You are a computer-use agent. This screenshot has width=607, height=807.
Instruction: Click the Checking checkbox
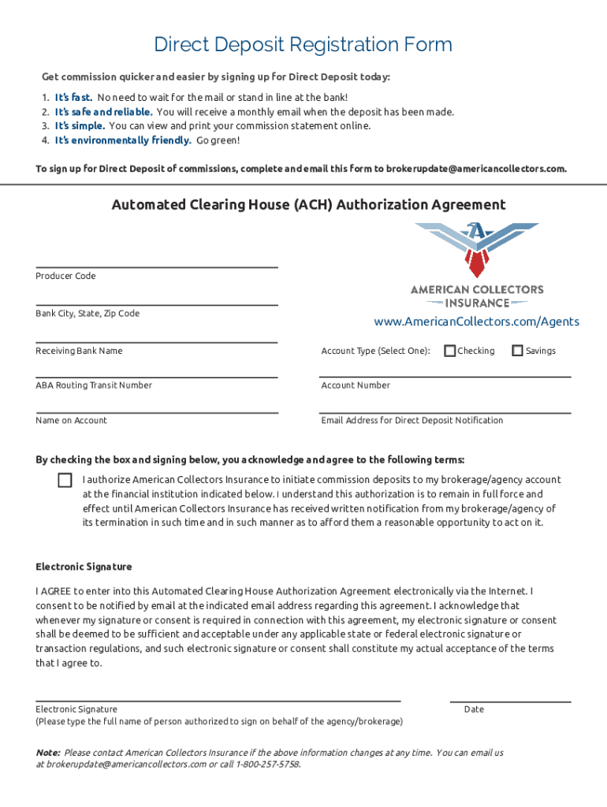pyautogui.click(x=450, y=351)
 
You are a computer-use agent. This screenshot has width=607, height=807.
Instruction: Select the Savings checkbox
pyautogui.click(x=518, y=351)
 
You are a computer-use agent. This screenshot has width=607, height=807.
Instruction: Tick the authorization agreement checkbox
pyautogui.click(x=65, y=480)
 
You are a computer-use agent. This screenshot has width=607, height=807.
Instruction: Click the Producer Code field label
pyautogui.click(x=65, y=276)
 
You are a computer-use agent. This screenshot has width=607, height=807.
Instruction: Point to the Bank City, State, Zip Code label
pyautogui.click(x=88, y=314)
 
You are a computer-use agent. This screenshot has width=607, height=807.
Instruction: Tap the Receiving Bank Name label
pyautogui.click(x=79, y=351)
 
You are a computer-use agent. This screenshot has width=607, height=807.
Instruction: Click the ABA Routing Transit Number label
pyautogui.click(x=94, y=385)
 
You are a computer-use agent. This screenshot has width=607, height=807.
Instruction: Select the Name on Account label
pyautogui.click(x=71, y=421)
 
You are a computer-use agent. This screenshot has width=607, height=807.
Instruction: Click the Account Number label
pyautogui.click(x=356, y=385)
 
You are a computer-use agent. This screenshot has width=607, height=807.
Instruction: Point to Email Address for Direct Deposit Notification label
pyautogui.click(x=411, y=421)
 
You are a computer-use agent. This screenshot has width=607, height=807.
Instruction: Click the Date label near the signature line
pyautogui.click(x=474, y=709)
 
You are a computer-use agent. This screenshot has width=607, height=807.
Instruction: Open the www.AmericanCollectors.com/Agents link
pyautogui.click(x=476, y=322)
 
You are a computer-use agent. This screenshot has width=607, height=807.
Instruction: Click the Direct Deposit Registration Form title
pyautogui.click(x=303, y=45)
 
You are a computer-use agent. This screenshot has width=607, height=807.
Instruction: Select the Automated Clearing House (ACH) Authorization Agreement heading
pyautogui.click(x=308, y=205)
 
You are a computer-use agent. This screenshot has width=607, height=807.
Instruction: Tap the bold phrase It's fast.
pyautogui.click(x=73, y=98)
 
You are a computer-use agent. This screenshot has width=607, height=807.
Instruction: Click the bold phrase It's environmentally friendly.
pyautogui.click(x=123, y=140)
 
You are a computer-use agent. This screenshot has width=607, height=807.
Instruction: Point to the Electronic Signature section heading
pyautogui.click(x=84, y=567)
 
